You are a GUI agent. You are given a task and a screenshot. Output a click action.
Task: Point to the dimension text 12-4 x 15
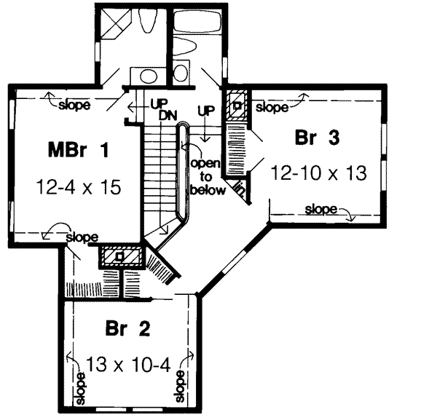pos(77,187)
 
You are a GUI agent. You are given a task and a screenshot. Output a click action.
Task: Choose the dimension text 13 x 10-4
pos(128,363)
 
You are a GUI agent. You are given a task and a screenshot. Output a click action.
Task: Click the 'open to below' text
pos(205,176)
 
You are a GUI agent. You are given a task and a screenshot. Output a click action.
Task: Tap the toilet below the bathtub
pos(186,49)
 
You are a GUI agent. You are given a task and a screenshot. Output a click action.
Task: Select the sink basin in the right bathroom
pos(181,73)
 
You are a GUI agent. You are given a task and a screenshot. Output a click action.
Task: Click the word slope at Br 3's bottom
pos(321,210)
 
